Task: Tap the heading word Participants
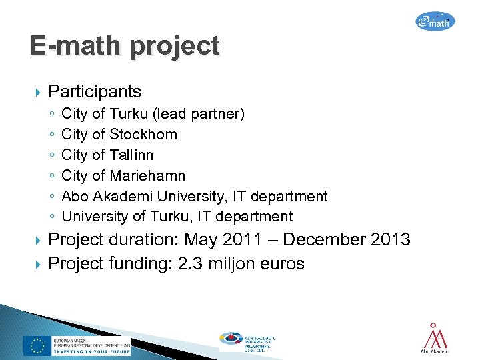(95, 91)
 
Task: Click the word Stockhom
(143, 135)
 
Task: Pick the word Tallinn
(131, 155)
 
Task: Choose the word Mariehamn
(147, 176)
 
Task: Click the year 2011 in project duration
(247, 239)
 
